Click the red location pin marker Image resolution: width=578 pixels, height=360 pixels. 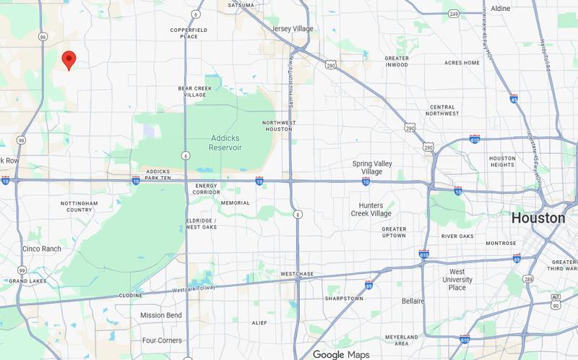[x=69, y=59]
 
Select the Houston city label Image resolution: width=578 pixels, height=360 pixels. [x=538, y=218]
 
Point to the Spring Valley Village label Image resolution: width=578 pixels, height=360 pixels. [x=371, y=168]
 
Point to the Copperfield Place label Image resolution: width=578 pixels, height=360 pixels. [x=189, y=33]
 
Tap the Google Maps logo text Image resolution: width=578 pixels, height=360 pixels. [x=342, y=354]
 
